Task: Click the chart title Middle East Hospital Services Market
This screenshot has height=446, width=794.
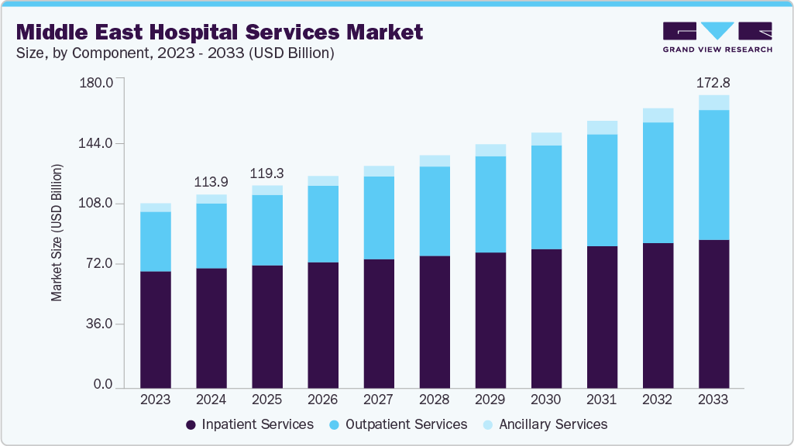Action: point(219,32)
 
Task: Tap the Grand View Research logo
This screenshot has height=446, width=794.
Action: point(717,37)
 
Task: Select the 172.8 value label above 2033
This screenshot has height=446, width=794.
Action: point(713,81)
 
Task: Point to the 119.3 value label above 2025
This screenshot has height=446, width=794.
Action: point(267,172)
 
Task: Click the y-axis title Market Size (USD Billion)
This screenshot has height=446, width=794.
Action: point(57,232)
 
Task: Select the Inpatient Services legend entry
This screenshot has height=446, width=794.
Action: point(249,424)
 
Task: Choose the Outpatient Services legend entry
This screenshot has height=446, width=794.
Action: point(397,424)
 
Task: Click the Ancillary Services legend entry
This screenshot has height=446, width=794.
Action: point(545,424)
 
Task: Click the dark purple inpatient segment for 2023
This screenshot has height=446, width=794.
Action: point(156,329)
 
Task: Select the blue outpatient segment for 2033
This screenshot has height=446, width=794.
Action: point(713,175)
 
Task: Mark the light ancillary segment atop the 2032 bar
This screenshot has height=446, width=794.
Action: point(658,115)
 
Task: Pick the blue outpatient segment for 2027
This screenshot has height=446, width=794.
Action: point(379,218)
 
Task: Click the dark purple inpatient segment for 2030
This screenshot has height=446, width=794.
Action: point(546,317)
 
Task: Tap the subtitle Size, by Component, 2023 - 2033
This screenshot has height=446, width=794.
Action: point(175,53)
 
